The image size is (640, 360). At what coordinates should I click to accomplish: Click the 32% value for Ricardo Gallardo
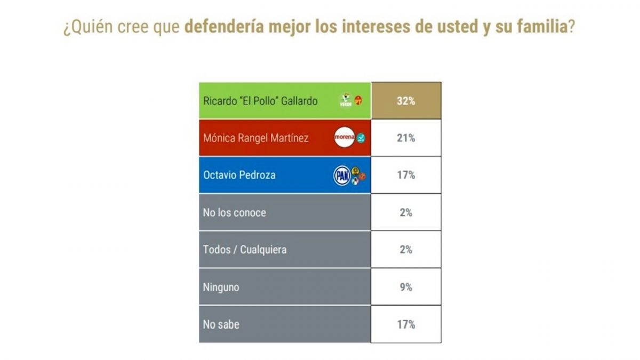coord(406,101)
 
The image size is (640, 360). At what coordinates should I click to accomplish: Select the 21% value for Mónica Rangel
coord(406,138)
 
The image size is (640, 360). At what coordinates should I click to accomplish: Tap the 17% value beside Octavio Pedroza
coord(406,175)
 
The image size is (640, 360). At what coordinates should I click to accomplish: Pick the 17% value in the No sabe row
coord(406,324)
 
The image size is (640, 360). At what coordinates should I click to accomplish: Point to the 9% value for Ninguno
coord(406,287)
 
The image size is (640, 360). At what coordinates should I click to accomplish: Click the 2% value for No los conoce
coord(406,212)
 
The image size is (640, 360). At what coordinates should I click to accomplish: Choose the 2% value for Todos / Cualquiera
coord(406,250)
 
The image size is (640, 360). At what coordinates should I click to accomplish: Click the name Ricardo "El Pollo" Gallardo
coord(260,101)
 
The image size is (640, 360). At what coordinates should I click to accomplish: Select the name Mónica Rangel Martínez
coord(256,138)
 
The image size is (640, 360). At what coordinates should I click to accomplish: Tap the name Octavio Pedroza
coord(239,175)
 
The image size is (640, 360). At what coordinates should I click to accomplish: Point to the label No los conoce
coord(234,212)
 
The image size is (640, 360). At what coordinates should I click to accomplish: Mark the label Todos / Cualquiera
coord(244,250)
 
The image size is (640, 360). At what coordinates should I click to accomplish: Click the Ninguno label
coord(221,287)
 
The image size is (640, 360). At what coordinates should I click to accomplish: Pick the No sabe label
coord(220,324)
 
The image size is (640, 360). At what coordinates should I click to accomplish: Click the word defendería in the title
coord(224,28)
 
